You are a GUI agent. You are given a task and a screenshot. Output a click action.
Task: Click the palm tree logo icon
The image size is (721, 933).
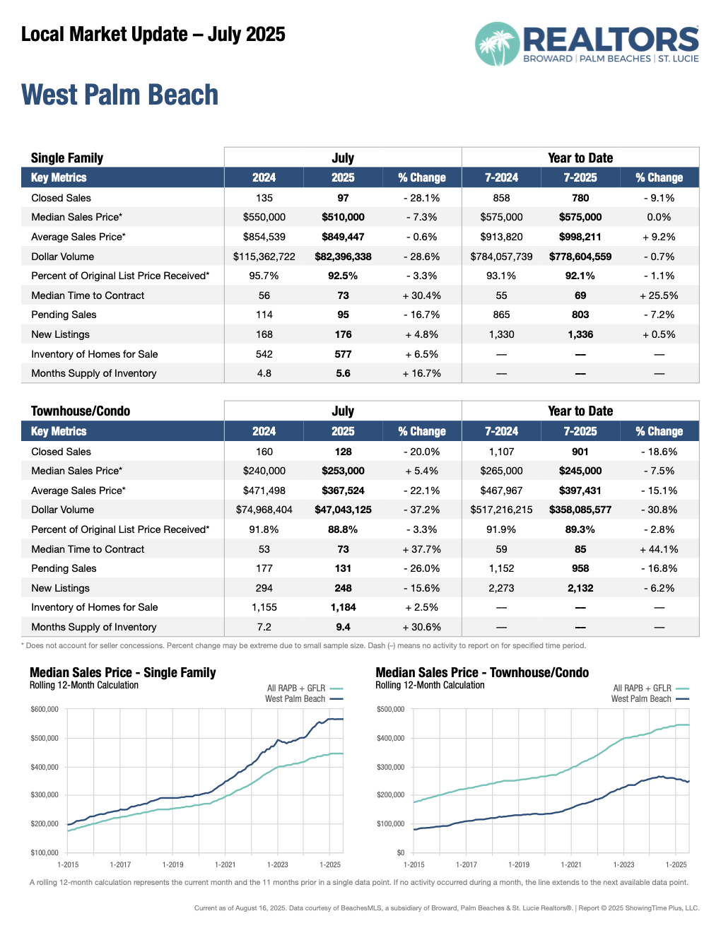point(497,44)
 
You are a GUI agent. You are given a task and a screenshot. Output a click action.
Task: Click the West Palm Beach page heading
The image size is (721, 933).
point(119,95)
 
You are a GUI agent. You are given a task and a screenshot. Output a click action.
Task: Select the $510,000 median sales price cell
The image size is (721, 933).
point(343,217)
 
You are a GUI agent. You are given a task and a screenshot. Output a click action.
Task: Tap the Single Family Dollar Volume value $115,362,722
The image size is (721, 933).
point(264,257)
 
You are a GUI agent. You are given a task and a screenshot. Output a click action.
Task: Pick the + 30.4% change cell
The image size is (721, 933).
point(422,295)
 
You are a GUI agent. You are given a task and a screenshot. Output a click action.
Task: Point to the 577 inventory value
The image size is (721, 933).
point(343,354)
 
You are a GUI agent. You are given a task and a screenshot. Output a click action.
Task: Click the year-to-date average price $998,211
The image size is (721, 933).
point(580,237)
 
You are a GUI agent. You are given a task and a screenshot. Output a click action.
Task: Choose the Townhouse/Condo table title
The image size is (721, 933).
point(81,411)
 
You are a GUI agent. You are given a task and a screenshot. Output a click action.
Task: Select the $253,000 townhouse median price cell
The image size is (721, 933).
point(343,471)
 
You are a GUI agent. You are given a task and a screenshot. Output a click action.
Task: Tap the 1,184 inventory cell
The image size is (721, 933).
point(343,607)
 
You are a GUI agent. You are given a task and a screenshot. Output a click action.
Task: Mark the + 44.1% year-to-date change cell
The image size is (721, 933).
point(659,549)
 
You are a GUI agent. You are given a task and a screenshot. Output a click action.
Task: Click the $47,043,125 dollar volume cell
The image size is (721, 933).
point(343,510)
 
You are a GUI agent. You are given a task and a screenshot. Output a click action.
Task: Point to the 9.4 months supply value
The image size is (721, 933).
point(343,627)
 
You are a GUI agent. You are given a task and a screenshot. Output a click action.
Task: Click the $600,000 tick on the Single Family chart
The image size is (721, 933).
point(45,709)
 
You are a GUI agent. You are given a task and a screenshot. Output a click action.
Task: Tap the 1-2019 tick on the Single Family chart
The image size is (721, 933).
point(172,864)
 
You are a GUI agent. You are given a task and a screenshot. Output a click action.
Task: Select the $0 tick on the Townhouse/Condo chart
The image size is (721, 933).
point(400,852)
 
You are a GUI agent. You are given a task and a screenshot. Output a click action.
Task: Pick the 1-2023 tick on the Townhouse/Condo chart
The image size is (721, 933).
point(623,864)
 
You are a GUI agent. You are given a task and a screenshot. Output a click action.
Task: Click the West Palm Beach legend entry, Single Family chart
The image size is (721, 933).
point(295,699)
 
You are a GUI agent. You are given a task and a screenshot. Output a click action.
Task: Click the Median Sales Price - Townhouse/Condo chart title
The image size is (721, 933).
point(482,673)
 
